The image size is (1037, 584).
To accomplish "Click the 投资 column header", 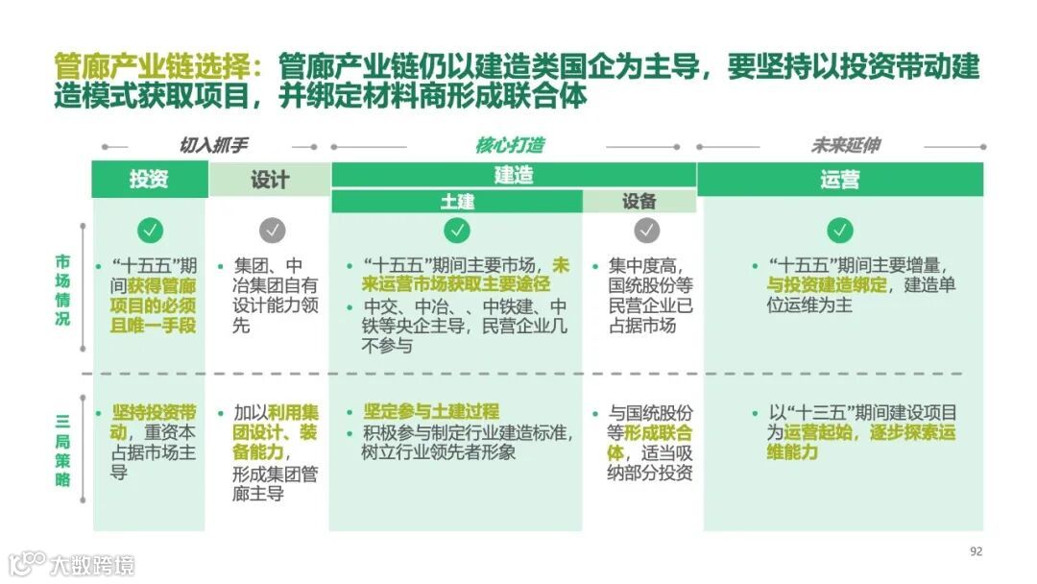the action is click(149, 180).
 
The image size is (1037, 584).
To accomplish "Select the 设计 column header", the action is click(270, 180).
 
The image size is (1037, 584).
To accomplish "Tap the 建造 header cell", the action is click(514, 175).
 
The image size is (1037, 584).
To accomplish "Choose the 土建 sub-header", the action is click(457, 202).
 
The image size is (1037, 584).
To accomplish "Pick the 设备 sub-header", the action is click(639, 202).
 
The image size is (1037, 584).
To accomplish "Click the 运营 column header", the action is click(840, 180).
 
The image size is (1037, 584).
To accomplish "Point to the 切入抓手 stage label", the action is click(213, 146).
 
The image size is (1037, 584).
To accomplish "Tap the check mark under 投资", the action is click(150, 231).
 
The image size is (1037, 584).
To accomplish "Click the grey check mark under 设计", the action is click(273, 231).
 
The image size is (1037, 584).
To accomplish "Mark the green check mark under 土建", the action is click(457, 231).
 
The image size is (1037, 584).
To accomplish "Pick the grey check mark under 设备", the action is click(647, 231).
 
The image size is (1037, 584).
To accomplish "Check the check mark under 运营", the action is click(840, 231).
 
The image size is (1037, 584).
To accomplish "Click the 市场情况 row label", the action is click(62, 290).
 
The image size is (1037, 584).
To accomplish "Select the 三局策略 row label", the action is click(62, 450).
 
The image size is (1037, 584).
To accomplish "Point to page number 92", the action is click(977, 551).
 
